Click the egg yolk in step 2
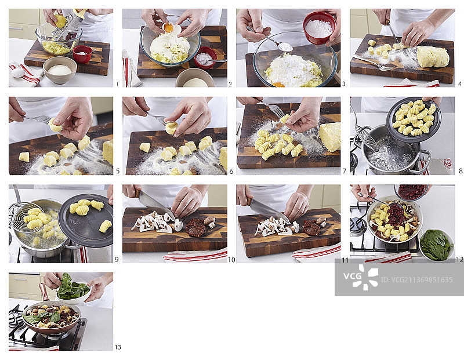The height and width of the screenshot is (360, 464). (168, 28)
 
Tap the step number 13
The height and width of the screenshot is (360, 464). (118, 347)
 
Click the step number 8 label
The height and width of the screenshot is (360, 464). (461, 171)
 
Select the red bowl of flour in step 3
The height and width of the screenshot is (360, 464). (320, 28)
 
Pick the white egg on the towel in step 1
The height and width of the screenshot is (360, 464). (18, 72)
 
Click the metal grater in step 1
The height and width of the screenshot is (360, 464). (68, 25)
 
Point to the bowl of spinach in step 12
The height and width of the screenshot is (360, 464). (437, 245)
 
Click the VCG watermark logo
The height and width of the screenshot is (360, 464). (361, 277)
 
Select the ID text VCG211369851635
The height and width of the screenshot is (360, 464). (416, 280)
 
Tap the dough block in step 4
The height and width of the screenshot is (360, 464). (433, 57)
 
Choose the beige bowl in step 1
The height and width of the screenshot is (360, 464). (60, 70)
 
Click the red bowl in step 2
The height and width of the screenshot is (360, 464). (206, 57)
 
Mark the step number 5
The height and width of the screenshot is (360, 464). (118, 171)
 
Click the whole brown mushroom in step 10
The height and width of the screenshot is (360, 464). (210, 221)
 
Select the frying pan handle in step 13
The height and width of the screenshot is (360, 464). (43, 292)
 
